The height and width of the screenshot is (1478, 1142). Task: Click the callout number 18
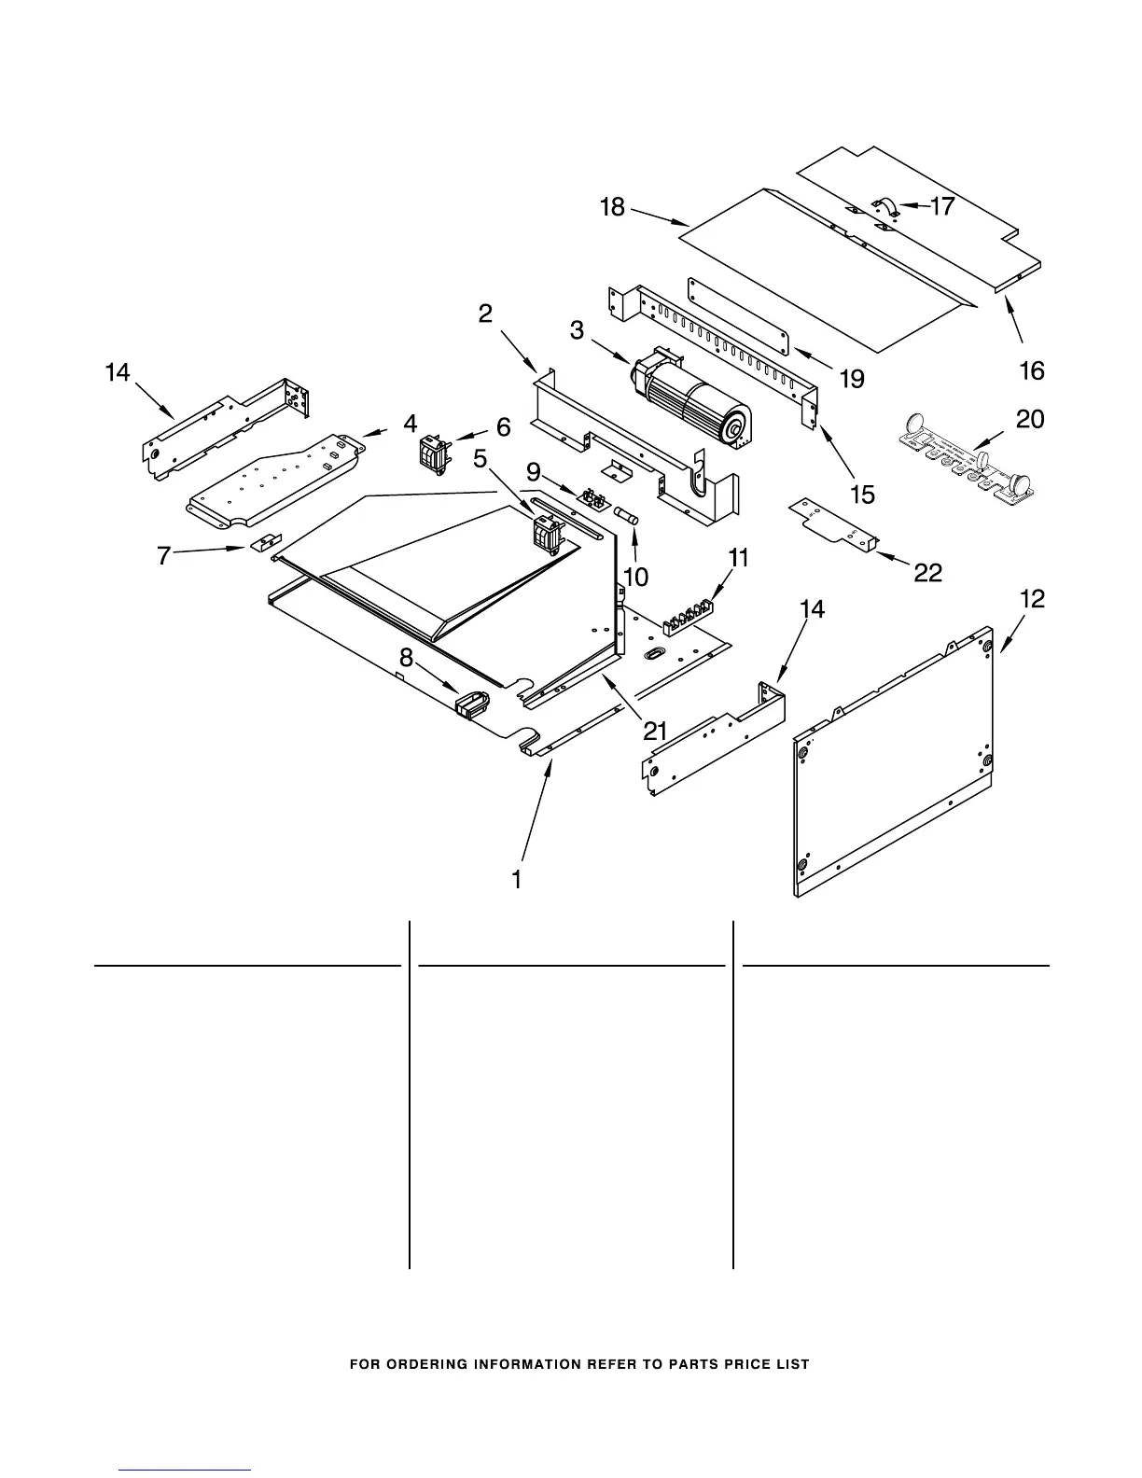click(x=612, y=206)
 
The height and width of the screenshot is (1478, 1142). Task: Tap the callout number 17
click(x=942, y=206)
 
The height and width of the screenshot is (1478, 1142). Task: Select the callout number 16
click(x=1031, y=370)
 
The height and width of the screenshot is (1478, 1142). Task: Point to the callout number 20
click(x=1029, y=419)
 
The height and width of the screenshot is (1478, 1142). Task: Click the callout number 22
click(x=927, y=572)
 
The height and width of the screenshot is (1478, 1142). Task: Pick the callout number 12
click(x=1033, y=599)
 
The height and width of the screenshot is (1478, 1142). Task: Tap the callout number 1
click(x=516, y=879)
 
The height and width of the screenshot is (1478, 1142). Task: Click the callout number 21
click(x=655, y=731)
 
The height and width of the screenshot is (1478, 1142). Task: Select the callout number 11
click(x=738, y=558)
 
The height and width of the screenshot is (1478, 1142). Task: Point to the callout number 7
click(x=164, y=556)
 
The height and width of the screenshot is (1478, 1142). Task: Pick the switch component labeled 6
click(x=431, y=453)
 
